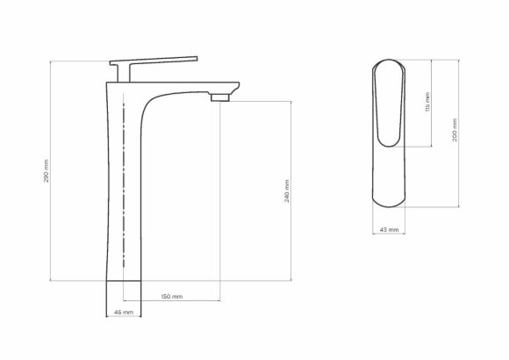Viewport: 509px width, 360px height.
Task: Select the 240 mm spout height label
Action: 288,191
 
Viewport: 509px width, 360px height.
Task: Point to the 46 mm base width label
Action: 123,312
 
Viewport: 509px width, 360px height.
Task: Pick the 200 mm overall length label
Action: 453,132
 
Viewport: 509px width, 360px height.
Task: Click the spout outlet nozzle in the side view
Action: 221,94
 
